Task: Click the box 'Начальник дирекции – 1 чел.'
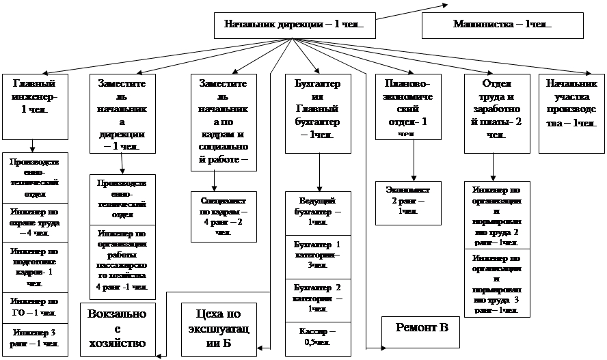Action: [294, 25]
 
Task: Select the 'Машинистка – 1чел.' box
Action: [502, 25]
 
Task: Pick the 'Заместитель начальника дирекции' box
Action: [122, 112]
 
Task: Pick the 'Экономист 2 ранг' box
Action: [409, 201]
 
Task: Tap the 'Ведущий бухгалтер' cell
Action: [318, 212]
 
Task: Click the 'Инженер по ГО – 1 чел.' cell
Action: [35, 307]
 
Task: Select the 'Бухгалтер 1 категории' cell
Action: [318, 255]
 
